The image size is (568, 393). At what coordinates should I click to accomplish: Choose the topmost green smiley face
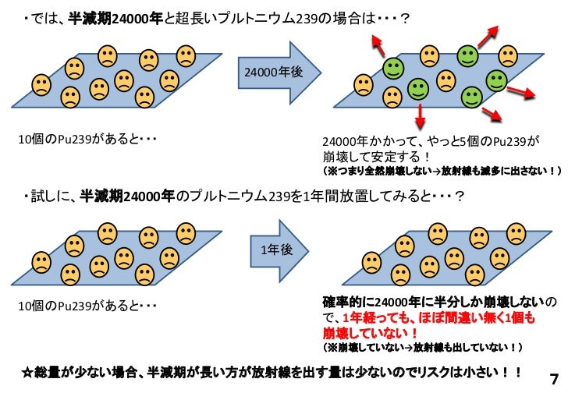(x=467, y=55)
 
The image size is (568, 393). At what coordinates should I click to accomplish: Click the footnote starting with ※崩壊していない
(x=421, y=345)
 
